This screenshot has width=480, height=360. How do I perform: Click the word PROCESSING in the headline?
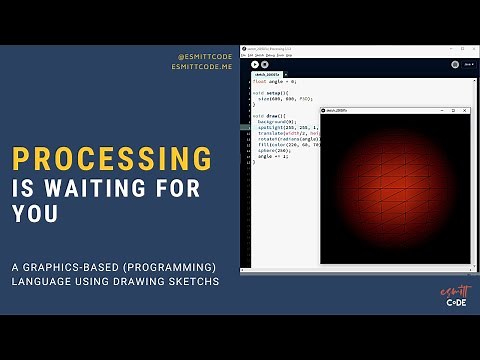click(x=112, y=159)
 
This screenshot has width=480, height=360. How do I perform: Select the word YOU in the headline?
click(x=33, y=213)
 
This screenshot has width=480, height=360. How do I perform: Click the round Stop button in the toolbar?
click(x=264, y=65)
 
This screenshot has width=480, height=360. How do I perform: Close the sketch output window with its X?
click(x=466, y=110)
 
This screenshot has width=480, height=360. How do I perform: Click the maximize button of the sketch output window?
click(x=453, y=110)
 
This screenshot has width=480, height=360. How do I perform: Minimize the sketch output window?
click(x=440, y=110)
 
